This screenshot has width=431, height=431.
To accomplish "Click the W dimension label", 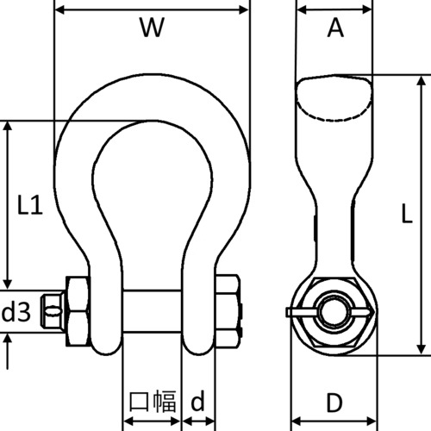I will pyautogui.click(x=152, y=29).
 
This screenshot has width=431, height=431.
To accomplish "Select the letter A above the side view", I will pyautogui.click(x=335, y=29).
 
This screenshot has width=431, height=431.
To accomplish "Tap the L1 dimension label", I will pyautogui.click(x=30, y=206).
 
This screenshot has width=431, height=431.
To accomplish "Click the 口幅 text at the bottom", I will pyautogui.click(x=153, y=402).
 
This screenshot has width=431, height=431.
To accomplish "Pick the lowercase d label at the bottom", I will pyautogui.click(x=198, y=401).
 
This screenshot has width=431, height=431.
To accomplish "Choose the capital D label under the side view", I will pyautogui.click(x=335, y=403).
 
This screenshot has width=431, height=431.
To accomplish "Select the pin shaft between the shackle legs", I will pyautogui.click(x=152, y=309).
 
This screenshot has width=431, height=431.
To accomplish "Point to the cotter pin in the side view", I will pyautogui.click(x=303, y=310).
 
